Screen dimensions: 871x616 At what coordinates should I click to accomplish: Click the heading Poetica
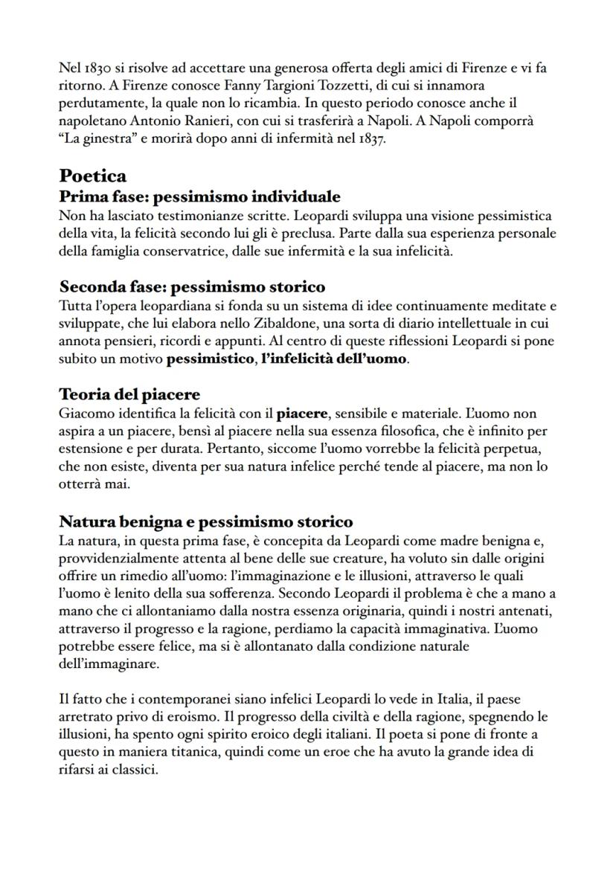93,176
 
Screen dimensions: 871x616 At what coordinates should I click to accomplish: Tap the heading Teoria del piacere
129,394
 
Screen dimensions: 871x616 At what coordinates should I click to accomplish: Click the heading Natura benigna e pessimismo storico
206,521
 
